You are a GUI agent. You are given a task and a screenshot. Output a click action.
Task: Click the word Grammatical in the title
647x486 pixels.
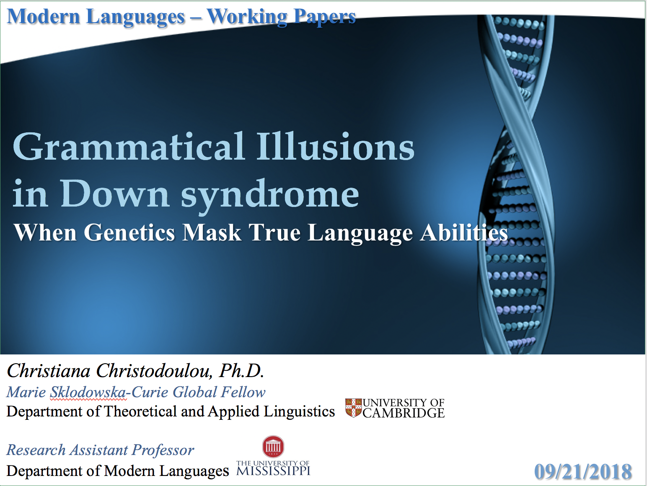(129, 147)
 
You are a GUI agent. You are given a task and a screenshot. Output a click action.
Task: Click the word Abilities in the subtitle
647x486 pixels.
(464, 233)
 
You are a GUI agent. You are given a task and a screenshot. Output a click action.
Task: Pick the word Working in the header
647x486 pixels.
(247, 17)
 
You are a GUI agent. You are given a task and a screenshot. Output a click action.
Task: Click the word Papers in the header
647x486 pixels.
(325, 18)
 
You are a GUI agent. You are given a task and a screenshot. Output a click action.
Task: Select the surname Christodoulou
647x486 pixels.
(154, 371)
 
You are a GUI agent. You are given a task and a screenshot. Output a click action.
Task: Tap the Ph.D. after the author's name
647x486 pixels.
(241, 371)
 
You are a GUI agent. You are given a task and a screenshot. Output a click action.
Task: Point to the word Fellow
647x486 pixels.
(243, 392)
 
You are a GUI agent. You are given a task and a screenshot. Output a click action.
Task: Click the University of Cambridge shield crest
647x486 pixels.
(353, 408)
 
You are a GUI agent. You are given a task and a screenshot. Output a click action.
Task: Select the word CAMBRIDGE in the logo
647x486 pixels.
(403, 413)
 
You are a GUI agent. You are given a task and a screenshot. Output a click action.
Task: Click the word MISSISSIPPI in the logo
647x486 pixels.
(273, 470)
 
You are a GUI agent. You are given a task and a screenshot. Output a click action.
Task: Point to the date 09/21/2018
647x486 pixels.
(583, 471)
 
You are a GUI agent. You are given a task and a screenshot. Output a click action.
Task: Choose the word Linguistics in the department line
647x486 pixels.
(299, 412)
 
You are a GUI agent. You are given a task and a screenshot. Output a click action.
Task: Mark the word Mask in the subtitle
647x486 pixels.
(212, 233)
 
